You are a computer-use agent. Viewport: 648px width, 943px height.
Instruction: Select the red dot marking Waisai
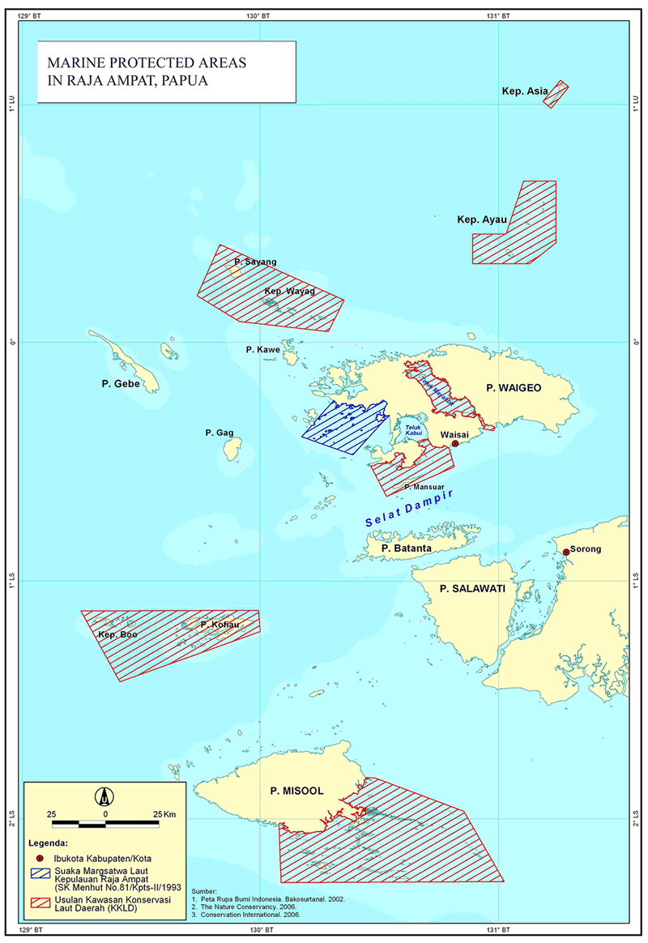(455, 444)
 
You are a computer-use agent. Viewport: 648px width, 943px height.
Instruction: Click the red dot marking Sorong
(566, 552)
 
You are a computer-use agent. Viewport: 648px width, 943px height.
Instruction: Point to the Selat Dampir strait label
(407, 510)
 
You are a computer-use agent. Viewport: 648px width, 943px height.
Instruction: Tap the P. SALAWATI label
(472, 589)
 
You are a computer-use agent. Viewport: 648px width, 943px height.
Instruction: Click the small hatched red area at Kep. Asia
(556, 94)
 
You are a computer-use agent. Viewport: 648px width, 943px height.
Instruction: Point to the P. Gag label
(219, 433)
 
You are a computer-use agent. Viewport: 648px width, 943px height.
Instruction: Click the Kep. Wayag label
(289, 291)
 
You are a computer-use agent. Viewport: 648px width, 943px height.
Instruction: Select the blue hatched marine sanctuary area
(344, 425)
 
